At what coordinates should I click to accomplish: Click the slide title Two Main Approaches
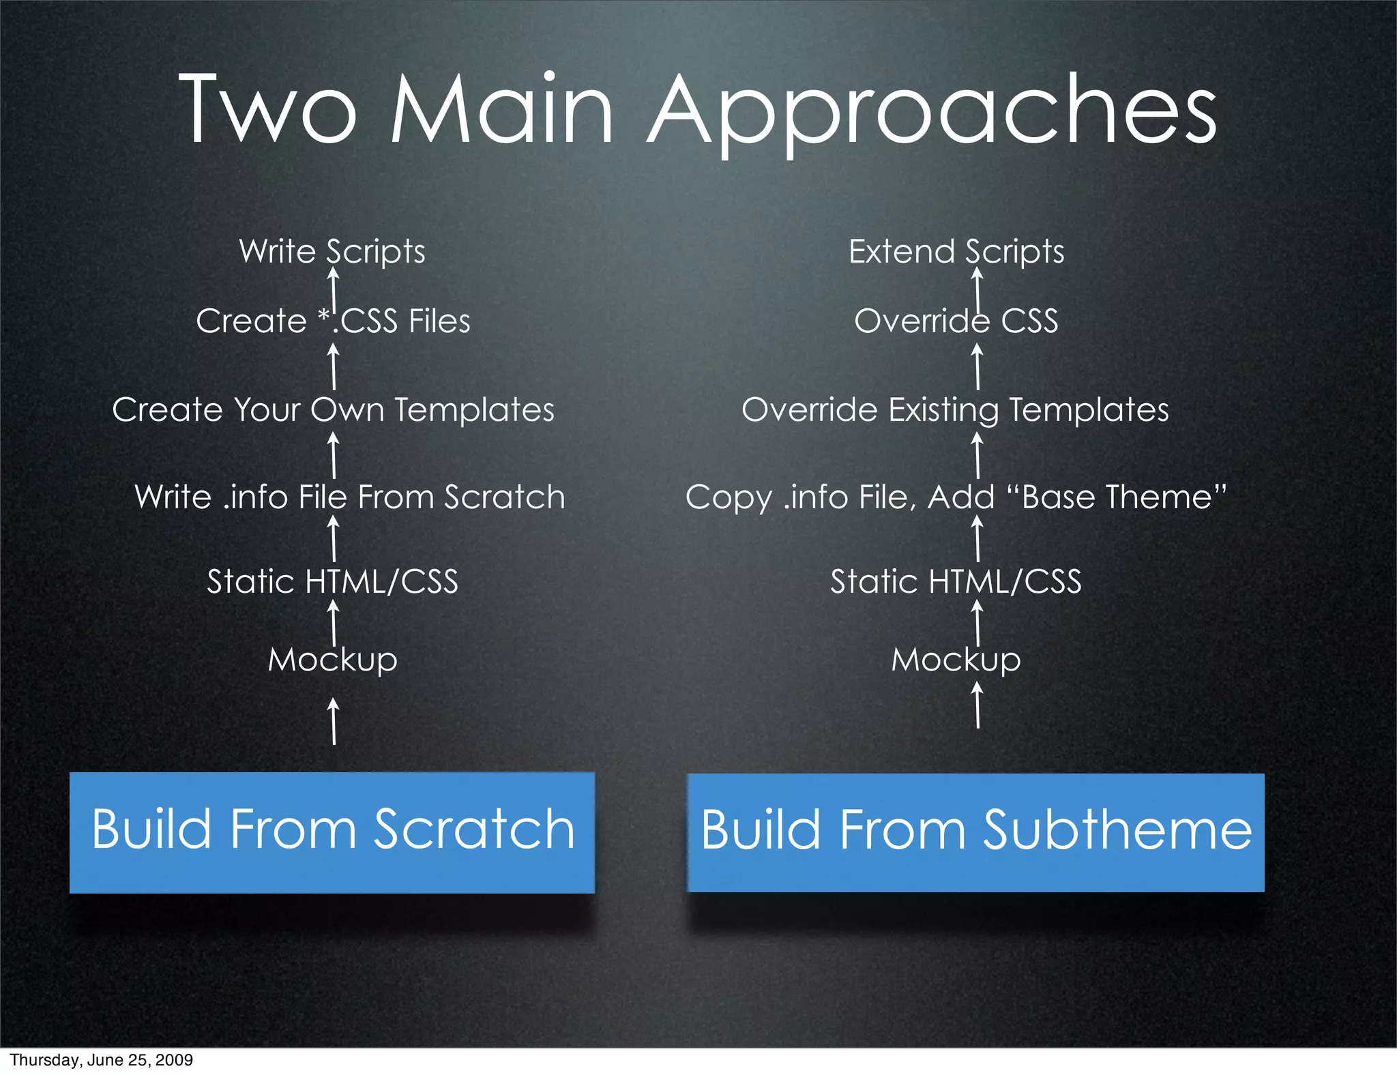[x=697, y=111]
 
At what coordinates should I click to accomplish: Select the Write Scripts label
[x=332, y=251]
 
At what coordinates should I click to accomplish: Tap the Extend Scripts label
[x=956, y=251]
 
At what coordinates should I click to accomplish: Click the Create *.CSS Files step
[x=333, y=321]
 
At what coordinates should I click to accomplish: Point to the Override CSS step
[x=956, y=321]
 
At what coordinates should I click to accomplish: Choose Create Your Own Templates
[x=333, y=409]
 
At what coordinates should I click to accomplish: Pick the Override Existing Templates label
[x=955, y=409]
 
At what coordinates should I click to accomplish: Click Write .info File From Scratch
[x=349, y=497]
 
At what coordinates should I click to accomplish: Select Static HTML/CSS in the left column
[x=332, y=582]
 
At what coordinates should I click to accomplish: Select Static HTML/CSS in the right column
[x=956, y=582]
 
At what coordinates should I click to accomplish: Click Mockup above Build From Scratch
[x=332, y=660]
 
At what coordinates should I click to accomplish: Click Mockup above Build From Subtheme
[x=956, y=660]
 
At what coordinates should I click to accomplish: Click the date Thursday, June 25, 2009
[x=101, y=1060]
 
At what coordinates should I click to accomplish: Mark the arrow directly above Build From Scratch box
[x=334, y=721]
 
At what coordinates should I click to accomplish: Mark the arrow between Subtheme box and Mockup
[x=977, y=705]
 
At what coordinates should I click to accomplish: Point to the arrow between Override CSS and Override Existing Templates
[x=977, y=366]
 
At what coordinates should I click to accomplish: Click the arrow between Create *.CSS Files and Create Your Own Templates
[x=334, y=366]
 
